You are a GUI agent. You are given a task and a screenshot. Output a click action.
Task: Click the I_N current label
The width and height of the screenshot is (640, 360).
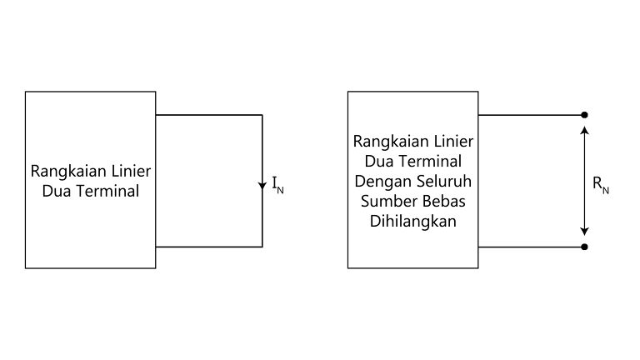278,185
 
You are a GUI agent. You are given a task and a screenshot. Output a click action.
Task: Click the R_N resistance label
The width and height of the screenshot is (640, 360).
600,185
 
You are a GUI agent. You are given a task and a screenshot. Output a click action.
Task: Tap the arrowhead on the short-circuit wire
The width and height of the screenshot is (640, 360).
262,186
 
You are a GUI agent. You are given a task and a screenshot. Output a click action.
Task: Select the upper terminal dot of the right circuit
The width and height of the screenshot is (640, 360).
584,115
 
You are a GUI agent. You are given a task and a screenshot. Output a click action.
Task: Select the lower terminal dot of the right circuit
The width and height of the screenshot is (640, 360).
584,247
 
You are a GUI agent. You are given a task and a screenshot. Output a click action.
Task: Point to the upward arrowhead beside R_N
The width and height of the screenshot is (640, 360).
585,130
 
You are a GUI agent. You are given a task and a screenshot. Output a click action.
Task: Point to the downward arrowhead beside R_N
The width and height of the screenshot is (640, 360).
585,232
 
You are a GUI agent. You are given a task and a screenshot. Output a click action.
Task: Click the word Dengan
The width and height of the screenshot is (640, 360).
378,182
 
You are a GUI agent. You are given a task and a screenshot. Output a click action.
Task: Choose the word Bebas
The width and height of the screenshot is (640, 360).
444,201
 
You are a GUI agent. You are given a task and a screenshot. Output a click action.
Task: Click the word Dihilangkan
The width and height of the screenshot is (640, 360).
413,222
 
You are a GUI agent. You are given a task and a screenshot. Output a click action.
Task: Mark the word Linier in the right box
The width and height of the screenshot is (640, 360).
454,141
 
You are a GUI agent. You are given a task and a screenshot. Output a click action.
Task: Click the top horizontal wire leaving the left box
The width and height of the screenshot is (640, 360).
209,115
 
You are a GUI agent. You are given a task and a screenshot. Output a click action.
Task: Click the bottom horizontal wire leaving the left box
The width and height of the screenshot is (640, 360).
209,247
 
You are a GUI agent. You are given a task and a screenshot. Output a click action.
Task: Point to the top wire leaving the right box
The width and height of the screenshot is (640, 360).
532,115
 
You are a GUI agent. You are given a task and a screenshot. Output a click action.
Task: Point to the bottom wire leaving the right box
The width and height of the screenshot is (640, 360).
532,247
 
